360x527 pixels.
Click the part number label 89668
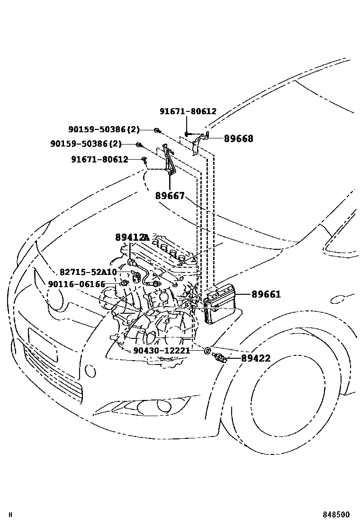(238, 139)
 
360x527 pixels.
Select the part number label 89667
(170, 196)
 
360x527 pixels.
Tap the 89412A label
(132, 237)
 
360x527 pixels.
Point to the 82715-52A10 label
(88, 272)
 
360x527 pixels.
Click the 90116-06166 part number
(76, 284)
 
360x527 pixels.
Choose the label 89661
(266, 294)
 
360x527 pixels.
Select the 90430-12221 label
(162, 351)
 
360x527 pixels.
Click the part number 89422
(256, 358)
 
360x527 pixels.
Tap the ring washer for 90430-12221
(207, 351)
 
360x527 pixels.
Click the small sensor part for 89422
(221, 358)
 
